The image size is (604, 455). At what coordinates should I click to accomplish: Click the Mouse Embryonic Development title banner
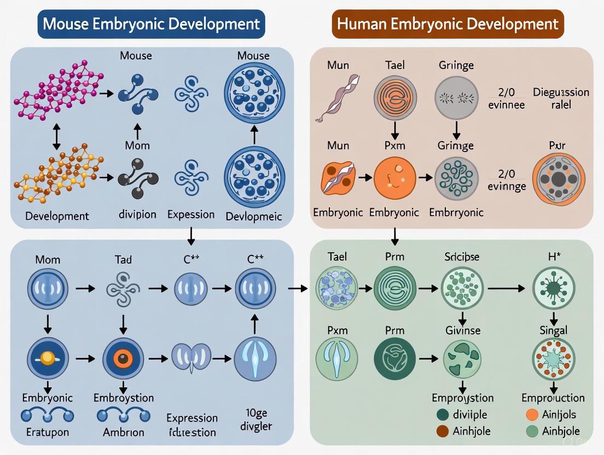(151, 24)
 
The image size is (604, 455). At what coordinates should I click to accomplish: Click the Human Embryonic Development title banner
(448, 24)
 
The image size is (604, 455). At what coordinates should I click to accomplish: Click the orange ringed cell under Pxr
(559, 179)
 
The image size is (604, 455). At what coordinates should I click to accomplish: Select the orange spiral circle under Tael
(395, 98)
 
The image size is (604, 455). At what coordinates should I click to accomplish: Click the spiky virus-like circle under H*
(553, 288)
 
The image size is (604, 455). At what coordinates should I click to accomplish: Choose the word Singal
(553, 330)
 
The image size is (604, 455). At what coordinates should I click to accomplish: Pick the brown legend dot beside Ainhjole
(442, 431)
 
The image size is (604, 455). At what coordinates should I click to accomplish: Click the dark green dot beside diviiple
(442, 415)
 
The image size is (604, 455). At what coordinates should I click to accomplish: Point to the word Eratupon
(47, 432)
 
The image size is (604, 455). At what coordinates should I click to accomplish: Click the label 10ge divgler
(255, 419)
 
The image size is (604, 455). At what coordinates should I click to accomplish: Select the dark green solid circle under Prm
(394, 359)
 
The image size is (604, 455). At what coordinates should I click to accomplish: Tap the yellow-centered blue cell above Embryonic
(48, 358)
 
